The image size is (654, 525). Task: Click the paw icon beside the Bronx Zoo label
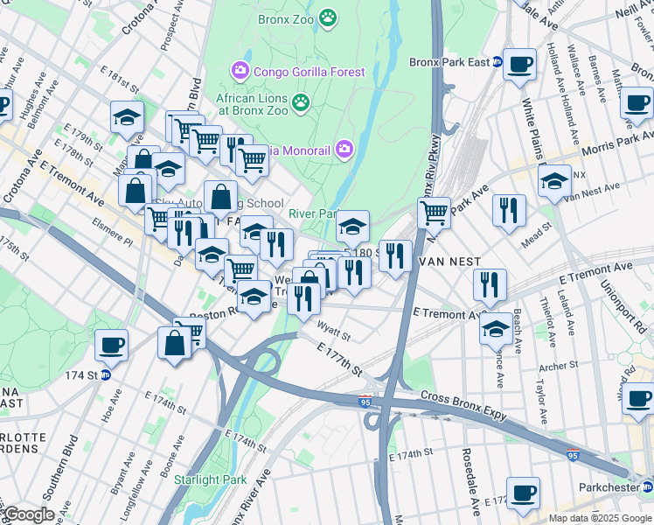(x=328, y=17)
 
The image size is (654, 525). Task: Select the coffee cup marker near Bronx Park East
(x=520, y=65)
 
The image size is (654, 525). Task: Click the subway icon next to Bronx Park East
(x=497, y=62)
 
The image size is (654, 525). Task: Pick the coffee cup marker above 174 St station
(x=111, y=344)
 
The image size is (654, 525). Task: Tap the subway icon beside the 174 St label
(x=106, y=375)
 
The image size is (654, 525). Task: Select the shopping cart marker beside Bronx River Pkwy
(x=434, y=211)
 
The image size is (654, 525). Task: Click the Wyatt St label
(x=333, y=334)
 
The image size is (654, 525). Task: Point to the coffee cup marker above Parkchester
(x=523, y=493)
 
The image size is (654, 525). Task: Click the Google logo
(x=29, y=514)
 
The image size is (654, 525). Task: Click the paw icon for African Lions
(x=301, y=102)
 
